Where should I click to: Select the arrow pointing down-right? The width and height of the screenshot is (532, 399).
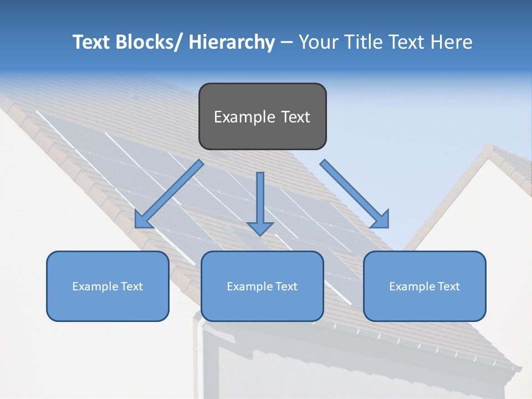355,194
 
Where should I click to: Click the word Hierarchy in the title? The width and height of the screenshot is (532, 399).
232,42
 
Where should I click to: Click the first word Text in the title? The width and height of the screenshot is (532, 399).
92,42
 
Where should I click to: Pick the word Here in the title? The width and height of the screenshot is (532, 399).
453,42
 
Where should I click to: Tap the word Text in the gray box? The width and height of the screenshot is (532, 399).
295,117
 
